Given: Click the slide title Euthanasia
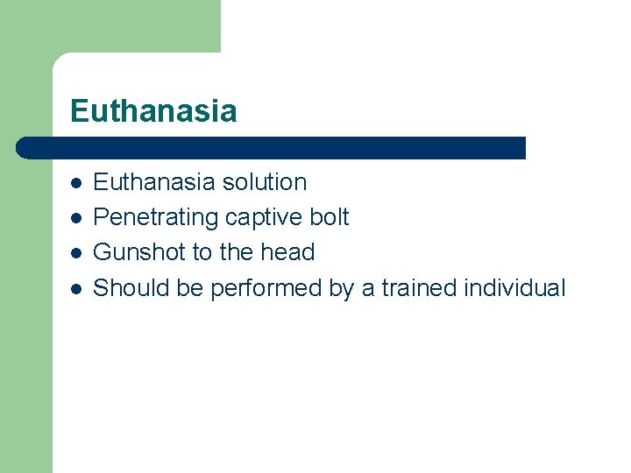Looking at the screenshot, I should pos(153,111).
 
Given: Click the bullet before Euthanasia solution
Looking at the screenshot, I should pos(77,183).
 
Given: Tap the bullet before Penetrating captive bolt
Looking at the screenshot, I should pos(77,218).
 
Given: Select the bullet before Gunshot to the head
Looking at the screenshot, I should pos(77,253).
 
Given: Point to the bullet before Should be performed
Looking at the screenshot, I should pos(77,288).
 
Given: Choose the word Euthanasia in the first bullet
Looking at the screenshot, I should pos(153,182).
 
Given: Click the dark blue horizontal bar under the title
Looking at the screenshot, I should pos(272,148).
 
